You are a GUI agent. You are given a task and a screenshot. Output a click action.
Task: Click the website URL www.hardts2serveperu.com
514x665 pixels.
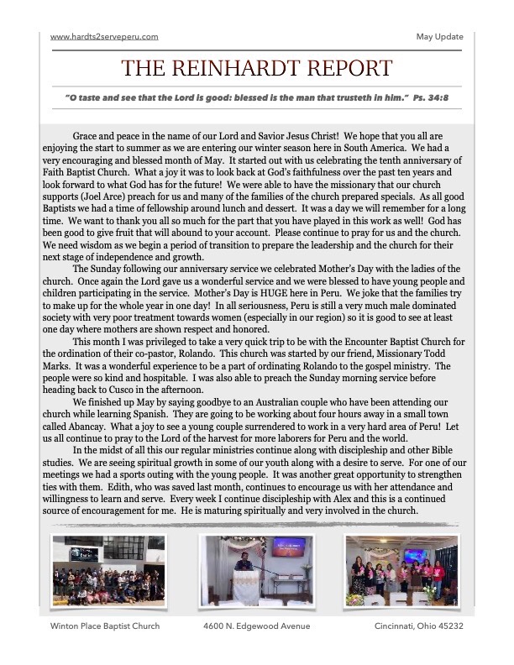(104, 37)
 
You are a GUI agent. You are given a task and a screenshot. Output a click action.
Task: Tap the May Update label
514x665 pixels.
(439, 37)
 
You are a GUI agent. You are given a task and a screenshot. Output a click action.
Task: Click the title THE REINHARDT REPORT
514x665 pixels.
(257, 68)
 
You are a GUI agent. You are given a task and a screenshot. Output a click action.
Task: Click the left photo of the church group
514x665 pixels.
(108, 572)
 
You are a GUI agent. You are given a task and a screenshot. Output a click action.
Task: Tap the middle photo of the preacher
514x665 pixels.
(257, 571)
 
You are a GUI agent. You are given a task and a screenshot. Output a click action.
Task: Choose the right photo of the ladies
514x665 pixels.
(401, 571)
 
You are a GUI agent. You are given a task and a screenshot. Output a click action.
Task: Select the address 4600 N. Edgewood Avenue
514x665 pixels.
(256, 626)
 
